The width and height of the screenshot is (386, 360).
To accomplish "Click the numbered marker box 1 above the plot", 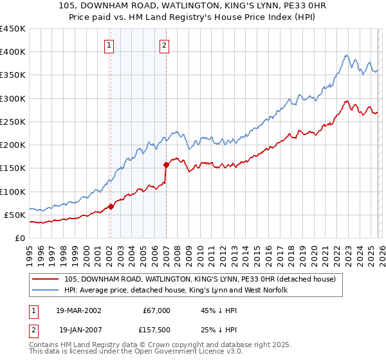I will pos(110,45).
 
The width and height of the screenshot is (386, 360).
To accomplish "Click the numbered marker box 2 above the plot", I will pos(165,45).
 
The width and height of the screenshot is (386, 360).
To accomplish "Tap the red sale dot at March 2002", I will pos(111,206).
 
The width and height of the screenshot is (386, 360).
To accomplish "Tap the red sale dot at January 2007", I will pos(166,165).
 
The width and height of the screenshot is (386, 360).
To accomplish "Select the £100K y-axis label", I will pos(14,192).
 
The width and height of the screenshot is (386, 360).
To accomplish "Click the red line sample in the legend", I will pos(46,279).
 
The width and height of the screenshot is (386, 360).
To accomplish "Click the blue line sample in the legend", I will pos(46,291).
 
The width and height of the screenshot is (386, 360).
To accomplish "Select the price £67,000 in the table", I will pos(156,310).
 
